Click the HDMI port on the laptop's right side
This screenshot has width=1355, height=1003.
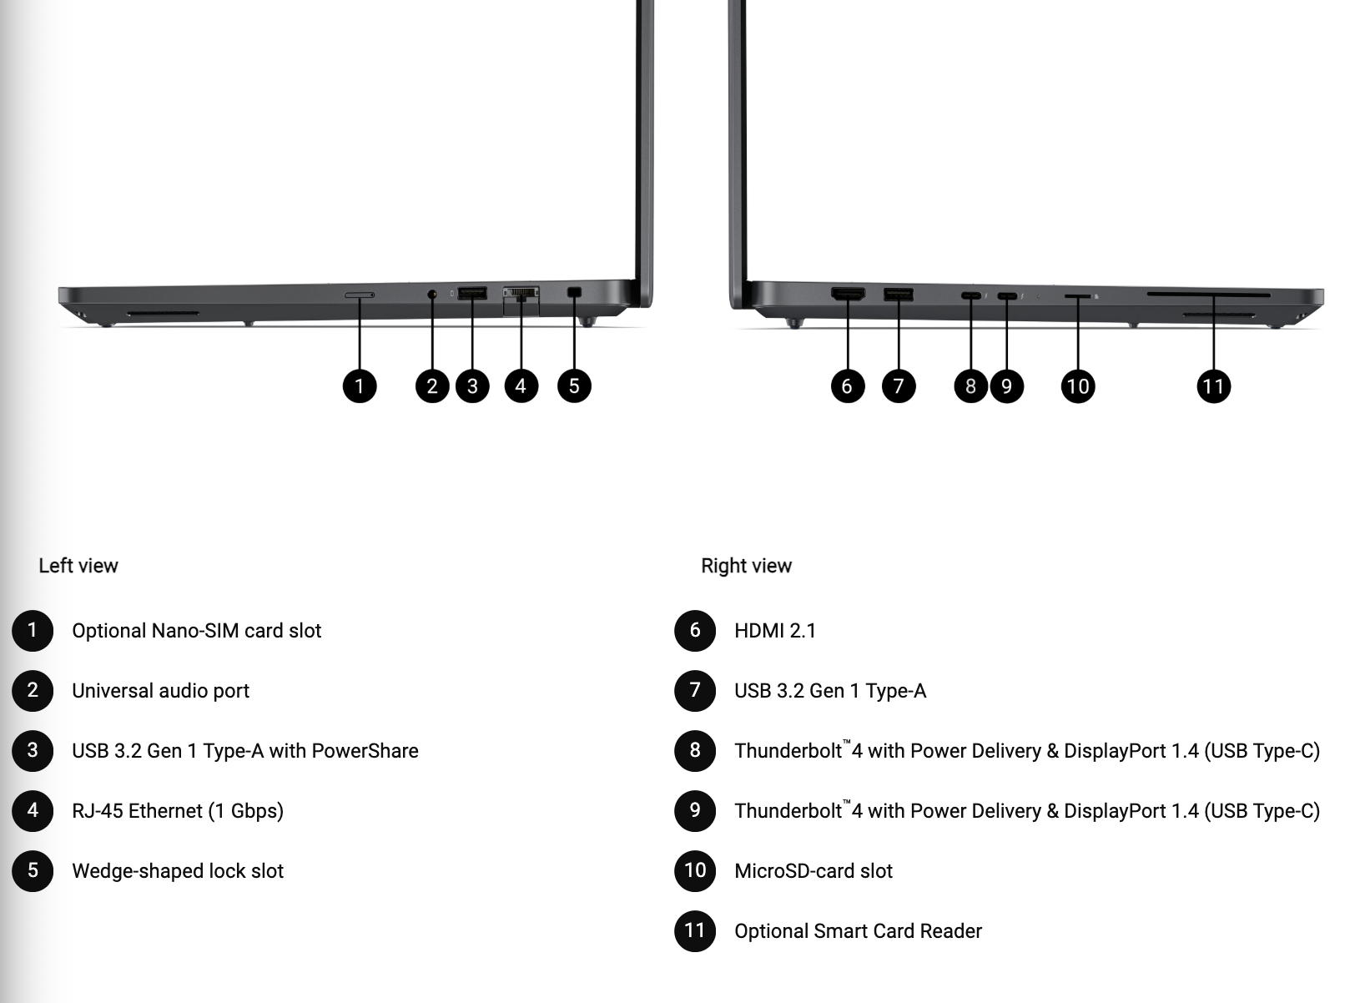[848, 294]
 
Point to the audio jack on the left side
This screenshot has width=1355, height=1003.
[432, 294]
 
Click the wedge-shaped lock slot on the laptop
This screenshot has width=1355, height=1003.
[574, 292]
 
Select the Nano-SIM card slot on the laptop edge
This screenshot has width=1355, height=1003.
[360, 295]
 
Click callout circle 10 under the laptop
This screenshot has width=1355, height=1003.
[1078, 386]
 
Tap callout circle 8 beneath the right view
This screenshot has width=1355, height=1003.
[970, 386]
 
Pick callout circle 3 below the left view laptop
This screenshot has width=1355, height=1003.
[472, 386]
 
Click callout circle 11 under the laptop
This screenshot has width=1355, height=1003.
[1213, 386]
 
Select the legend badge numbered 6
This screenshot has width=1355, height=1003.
[695, 631]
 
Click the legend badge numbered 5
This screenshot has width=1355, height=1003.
[33, 871]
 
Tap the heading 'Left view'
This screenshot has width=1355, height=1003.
[78, 566]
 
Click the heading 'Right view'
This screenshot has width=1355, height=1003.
[746, 566]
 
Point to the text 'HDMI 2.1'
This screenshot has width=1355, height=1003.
[774, 631]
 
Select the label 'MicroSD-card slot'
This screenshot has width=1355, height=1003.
[814, 871]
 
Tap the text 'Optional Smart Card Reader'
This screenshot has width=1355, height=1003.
[858, 931]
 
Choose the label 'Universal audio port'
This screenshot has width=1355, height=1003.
[161, 691]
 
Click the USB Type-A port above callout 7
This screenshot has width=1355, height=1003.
[899, 295]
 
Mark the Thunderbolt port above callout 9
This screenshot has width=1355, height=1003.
[1007, 296]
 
